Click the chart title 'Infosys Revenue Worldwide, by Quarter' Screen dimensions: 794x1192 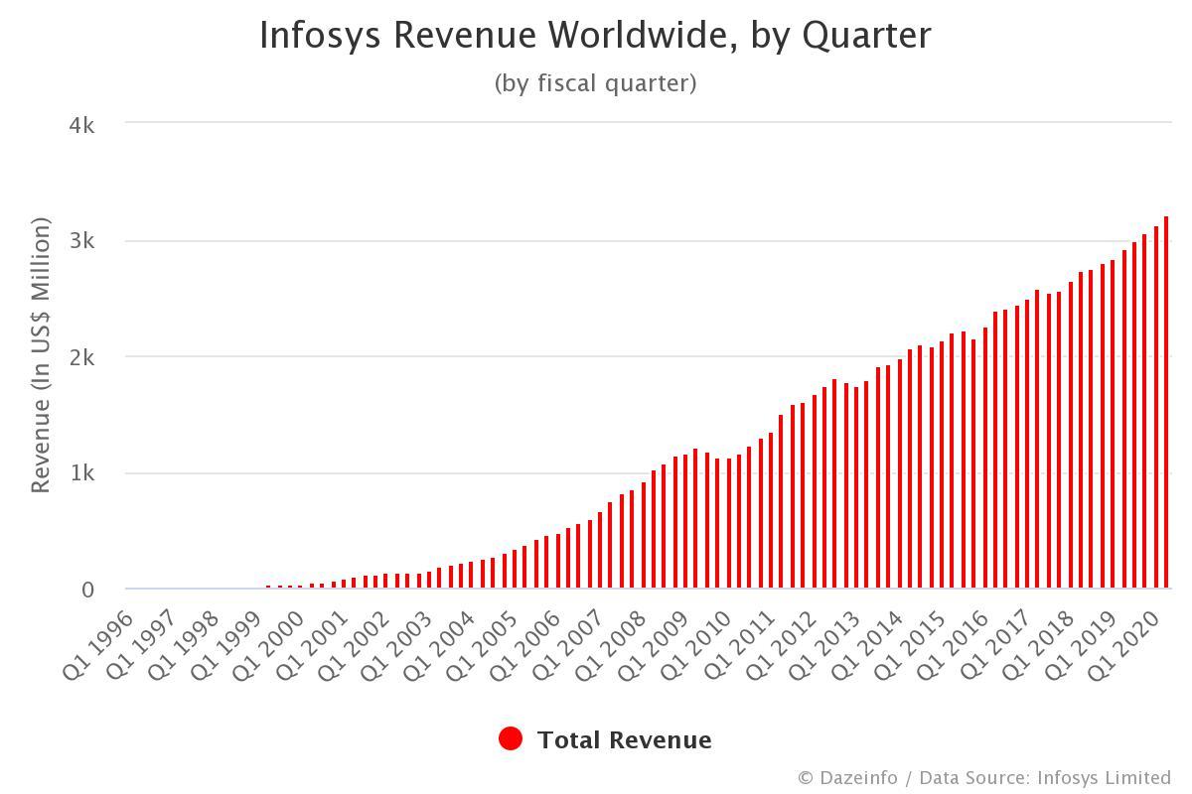click(x=595, y=36)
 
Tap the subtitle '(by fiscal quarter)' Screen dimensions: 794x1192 click(x=595, y=83)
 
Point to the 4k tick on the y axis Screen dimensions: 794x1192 click(x=81, y=125)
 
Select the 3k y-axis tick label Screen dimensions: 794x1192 click(x=81, y=241)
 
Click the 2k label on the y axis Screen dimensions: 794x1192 click(x=81, y=357)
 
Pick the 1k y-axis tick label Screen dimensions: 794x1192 click(x=81, y=473)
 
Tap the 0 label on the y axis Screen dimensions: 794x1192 click(x=87, y=590)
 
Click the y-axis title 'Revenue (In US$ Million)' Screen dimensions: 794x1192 click(x=40, y=356)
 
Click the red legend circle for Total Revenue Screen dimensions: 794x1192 click(x=511, y=739)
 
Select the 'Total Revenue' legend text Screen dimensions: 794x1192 click(x=624, y=740)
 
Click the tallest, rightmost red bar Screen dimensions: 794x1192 click(x=1166, y=402)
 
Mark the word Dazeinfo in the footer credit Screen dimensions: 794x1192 click(x=855, y=777)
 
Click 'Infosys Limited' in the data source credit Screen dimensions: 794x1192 click(x=1104, y=777)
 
